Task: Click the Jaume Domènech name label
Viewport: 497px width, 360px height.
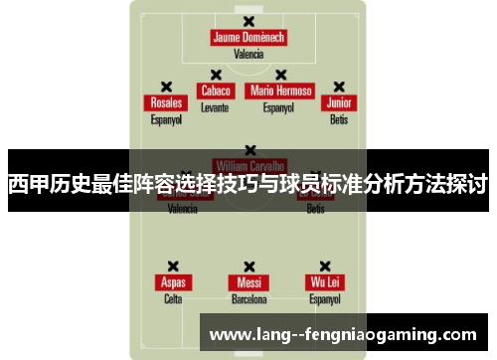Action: pyautogui.click(x=248, y=38)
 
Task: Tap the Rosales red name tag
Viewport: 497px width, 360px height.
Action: pyautogui.click(x=166, y=102)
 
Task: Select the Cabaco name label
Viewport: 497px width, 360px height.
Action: pyautogui.click(x=215, y=90)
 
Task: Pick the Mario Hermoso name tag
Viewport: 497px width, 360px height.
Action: pyautogui.click(x=281, y=90)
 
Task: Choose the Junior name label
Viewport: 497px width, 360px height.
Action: pyautogui.click(x=339, y=102)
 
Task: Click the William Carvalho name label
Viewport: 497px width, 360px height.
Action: pyautogui.click(x=248, y=163)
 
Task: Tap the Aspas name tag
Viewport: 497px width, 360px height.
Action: pyautogui.click(x=173, y=281)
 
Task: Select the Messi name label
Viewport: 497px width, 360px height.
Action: pyautogui.click(x=248, y=281)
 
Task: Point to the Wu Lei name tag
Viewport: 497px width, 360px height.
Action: pyautogui.click(x=325, y=281)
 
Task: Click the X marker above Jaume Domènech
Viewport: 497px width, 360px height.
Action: pyautogui.click(x=248, y=21)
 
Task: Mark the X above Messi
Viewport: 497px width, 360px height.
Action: pyautogui.click(x=248, y=266)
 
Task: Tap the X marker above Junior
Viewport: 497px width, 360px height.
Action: pyautogui.click(x=339, y=87)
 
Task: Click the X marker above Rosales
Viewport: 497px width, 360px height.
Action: pyautogui.click(x=166, y=87)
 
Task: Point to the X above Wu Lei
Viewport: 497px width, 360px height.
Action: pyautogui.click(x=325, y=266)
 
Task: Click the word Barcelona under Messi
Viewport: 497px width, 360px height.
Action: pyautogui.click(x=248, y=298)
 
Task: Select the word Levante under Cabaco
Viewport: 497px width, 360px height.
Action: pyautogui.click(x=215, y=106)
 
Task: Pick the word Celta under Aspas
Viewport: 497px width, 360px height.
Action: pyautogui.click(x=173, y=298)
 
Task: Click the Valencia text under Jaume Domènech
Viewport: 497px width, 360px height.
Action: pyautogui.click(x=248, y=55)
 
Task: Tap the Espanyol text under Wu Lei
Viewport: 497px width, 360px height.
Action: pyautogui.click(x=325, y=298)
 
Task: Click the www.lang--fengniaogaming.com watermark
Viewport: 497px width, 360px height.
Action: pyautogui.click(x=344, y=333)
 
